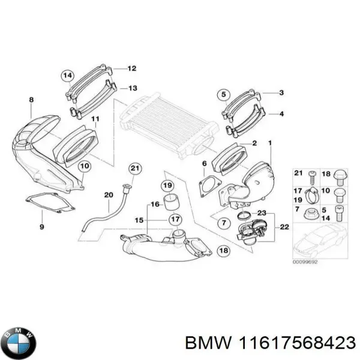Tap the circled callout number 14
pos(67,75)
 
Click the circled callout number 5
pos(223,94)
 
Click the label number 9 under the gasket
pos(41,227)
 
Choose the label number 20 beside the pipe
pos(108,194)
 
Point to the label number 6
pos(204,163)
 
